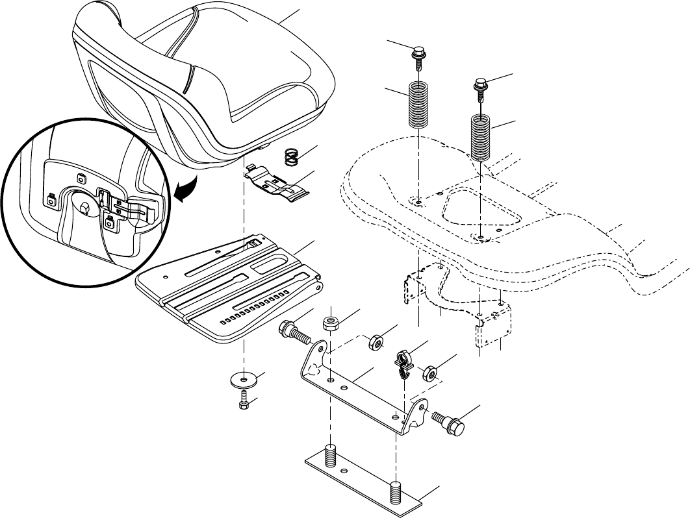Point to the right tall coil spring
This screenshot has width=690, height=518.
[x=480, y=137]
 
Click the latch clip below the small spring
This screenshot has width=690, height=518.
[x=280, y=182]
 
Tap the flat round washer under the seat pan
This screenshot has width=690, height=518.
[x=244, y=379]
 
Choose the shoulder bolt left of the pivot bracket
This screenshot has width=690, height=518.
[x=295, y=332]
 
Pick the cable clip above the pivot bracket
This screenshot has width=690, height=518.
[x=403, y=362]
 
